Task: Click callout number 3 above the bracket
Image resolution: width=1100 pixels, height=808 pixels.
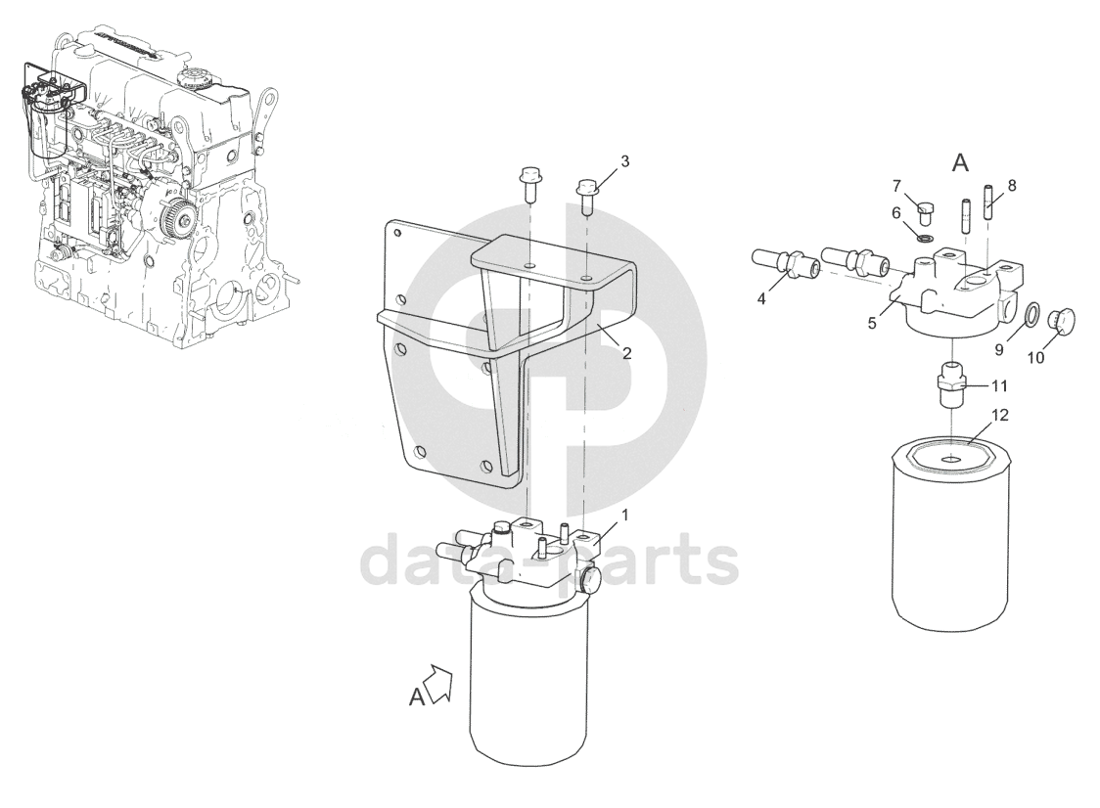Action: tap(624, 161)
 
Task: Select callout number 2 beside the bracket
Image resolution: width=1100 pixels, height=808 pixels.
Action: tap(626, 353)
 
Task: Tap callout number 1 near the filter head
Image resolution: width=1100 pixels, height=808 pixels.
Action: tap(624, 516)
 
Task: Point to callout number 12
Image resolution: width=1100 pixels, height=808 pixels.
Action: tap(999, 415)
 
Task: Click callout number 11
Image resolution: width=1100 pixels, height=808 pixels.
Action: tap(999, 385)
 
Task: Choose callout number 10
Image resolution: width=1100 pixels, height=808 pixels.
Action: tap(1035, 358)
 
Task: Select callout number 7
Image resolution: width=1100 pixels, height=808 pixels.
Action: tap(896, 186)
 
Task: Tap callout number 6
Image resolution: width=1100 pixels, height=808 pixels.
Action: tap(895, 212)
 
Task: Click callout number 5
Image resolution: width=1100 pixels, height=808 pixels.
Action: tap(872, 324)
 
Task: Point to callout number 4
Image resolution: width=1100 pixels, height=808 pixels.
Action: tap(761, 298)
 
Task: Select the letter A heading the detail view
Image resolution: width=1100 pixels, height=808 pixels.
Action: tap(960, 163)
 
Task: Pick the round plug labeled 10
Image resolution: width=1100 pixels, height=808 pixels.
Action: tap(1060, 319)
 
